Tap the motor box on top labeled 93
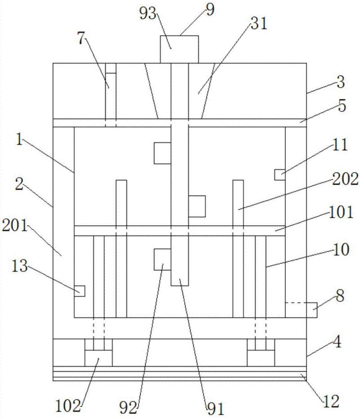click(x=180, y=49)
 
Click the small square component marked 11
click(x=279, y=174)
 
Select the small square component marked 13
click(x=79, y=291)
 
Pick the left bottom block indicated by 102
click(x=99, y=359)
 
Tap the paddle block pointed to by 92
click(x=162, y=259)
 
